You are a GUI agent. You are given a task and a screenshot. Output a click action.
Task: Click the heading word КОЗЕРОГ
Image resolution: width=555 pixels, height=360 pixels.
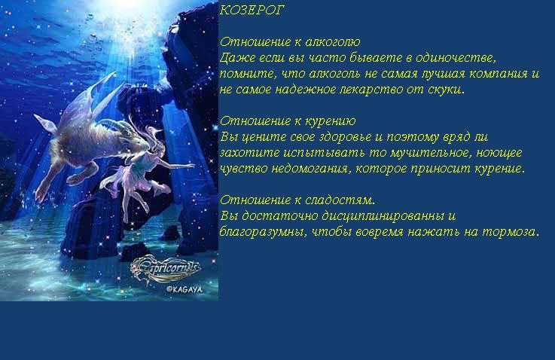tap(252, 11)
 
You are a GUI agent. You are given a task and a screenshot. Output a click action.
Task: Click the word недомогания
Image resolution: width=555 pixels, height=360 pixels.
tap(310, 169)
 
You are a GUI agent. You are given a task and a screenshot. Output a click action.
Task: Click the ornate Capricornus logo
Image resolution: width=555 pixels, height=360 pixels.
tap(166, 269)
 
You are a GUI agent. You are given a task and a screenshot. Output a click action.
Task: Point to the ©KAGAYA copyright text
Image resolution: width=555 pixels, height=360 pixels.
tap(184, 289)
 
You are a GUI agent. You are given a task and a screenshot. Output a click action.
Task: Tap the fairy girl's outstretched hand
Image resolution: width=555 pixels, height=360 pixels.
tap(189, 165)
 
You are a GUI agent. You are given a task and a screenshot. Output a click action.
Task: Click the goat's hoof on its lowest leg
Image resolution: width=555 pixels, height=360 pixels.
tap(39, 196)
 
